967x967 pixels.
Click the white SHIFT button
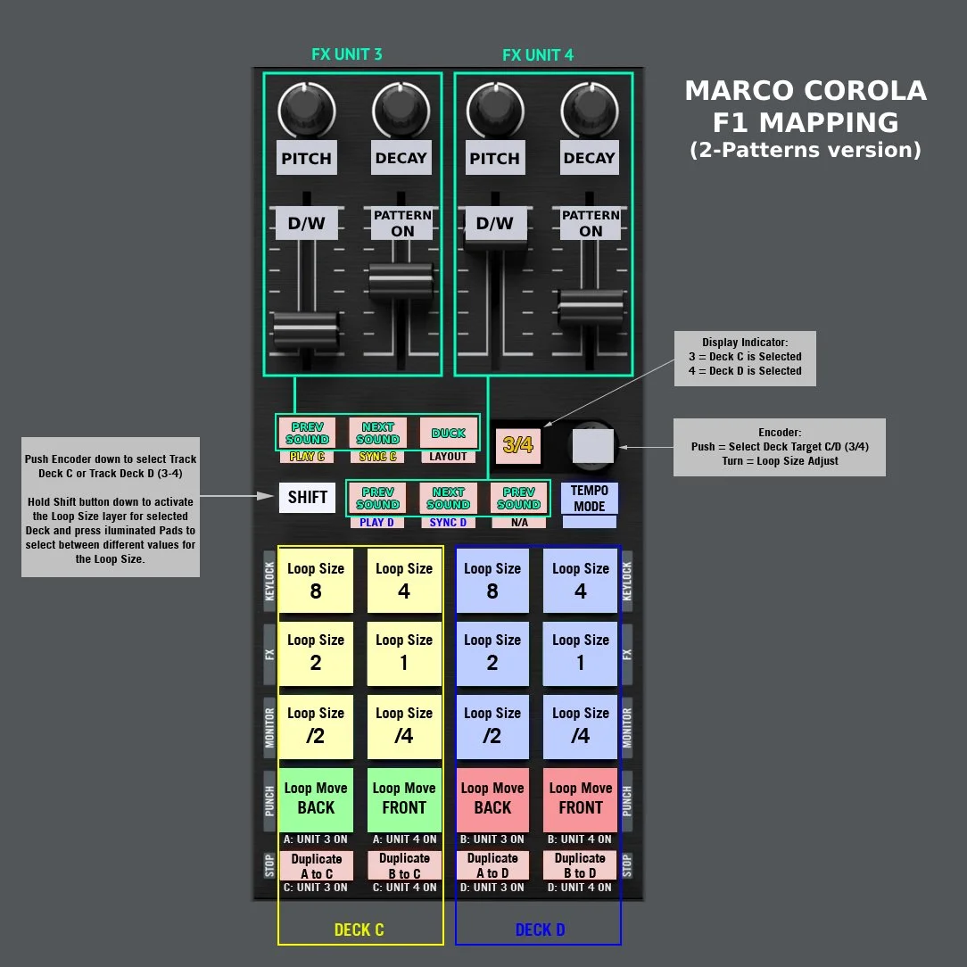click(x=307, y=497)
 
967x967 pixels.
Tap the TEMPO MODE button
click(x=589, y=498)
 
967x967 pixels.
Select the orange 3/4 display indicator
click(x=517, y=444)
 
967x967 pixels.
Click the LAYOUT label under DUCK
click(x=448, y=457)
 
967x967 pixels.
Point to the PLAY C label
click(x=307, y=457)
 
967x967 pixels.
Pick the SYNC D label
click(x=448, y=523)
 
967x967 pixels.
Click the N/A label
click(x=518, y=523)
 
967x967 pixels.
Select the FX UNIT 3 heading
click(x=347, y=54)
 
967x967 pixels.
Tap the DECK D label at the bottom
click(x=540, y=930)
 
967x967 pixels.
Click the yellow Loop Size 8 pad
click(x=316, y=581)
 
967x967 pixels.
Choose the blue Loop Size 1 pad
click(x=581, y=652)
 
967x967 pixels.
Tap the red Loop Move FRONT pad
click(x=581, y=798)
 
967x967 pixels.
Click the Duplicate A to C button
click(x=316, y=865)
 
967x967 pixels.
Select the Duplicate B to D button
click(x=580, y=865)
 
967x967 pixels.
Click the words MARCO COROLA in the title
click(x=805, y=91)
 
